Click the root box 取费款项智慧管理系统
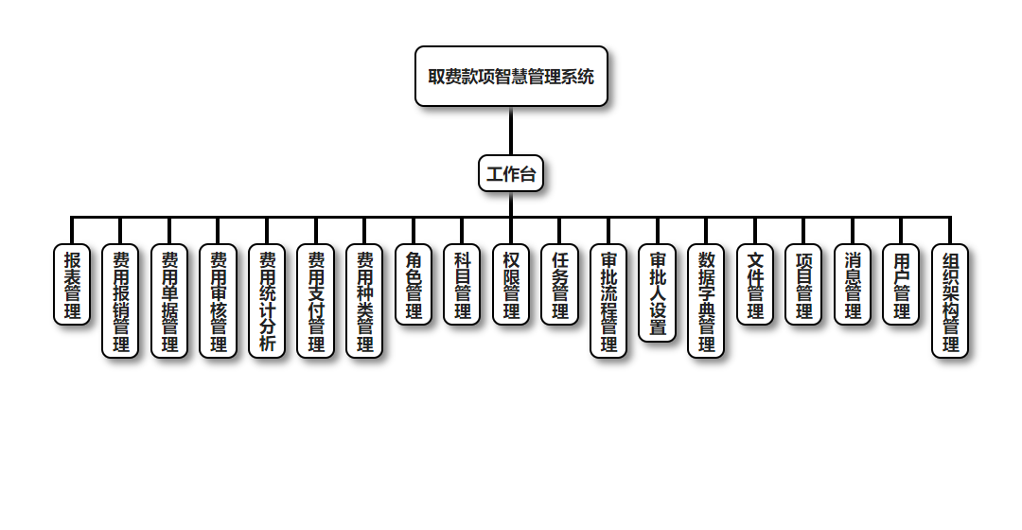(x=511, y=77)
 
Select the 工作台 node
(x=511, y=174)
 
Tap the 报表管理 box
(x=72, y=285)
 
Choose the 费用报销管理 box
(x=121, y=301)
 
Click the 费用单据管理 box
(x=169, y=301)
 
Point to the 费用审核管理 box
(x=219, y=301)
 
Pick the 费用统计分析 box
(x=267, y=301)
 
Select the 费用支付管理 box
(x=316, y=301)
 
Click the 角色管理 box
(x=414, y=285)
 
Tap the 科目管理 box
(x=462, y=285)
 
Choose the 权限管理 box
(x=511, y=285)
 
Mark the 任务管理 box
(x=560, y=285)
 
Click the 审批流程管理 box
(x=608, y=301)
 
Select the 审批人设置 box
(x=658, y=293)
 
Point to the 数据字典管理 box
(x=706, y=301)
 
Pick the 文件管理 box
(x=755, y=285)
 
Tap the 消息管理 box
(x=853, y=285)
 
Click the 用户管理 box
(x=901, y=285)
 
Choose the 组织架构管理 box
(x=950, y=301)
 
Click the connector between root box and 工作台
(x=511, y=131)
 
